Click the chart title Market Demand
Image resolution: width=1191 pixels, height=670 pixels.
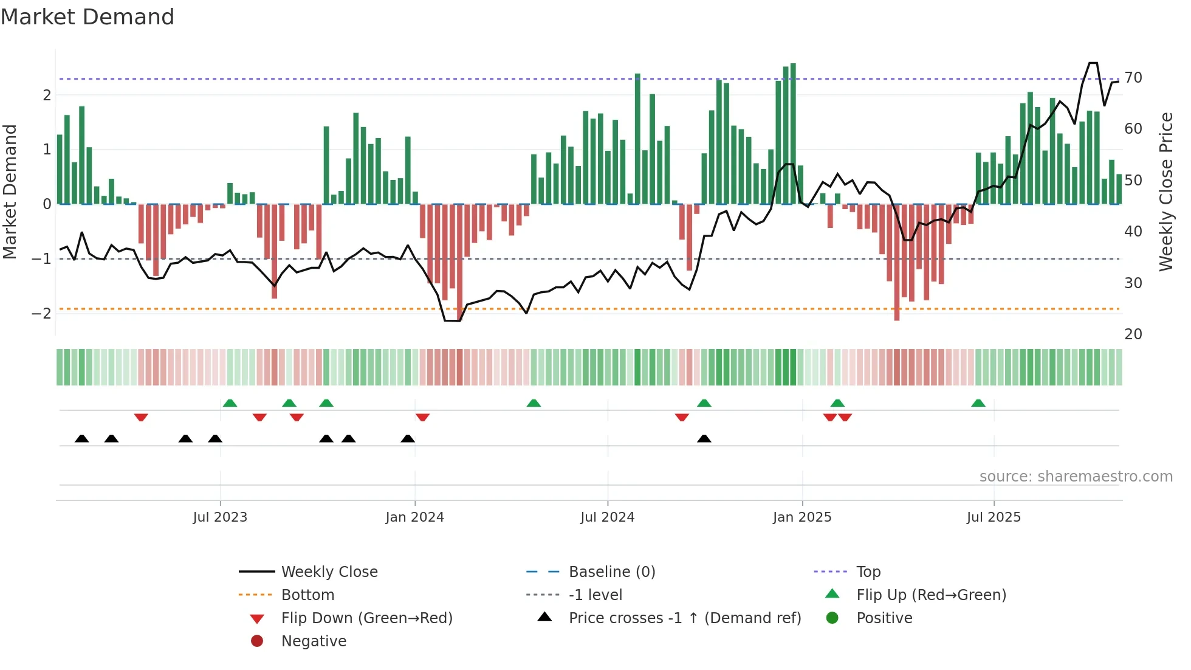[88, 16]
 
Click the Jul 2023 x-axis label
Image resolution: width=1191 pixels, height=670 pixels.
[220, 517]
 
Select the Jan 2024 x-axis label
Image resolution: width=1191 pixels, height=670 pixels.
[415, 517]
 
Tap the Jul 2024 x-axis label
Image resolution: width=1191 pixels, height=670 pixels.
[607, 517]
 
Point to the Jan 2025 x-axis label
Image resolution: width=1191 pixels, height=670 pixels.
[802, 517]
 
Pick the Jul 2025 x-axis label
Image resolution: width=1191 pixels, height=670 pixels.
[994, 517]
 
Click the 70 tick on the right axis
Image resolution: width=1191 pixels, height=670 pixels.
[1133, 78]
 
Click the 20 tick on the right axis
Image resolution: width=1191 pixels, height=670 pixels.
[1133, 334]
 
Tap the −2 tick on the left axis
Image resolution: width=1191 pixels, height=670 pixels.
[41, 314]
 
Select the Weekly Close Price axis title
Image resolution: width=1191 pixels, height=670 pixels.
[1166, 192]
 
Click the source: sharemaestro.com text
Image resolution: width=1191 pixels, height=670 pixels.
[1076, 477]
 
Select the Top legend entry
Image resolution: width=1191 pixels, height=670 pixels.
[868, 572]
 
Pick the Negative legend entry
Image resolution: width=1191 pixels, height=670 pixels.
[314, 641]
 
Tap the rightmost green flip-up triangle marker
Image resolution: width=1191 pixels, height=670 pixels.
[978, 403]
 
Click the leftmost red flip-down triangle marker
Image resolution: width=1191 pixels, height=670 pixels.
[141, 417]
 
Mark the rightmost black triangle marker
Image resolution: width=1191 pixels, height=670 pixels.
[704, 438]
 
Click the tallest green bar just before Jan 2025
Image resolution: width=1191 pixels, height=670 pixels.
[793, 134]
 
